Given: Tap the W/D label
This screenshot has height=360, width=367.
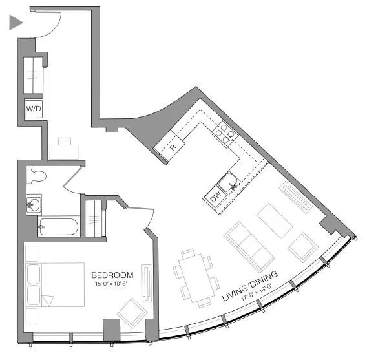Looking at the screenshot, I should coord(34,109).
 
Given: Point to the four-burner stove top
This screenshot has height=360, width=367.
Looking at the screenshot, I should coord(226,132).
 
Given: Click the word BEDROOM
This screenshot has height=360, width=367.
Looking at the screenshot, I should coord(112,275).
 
